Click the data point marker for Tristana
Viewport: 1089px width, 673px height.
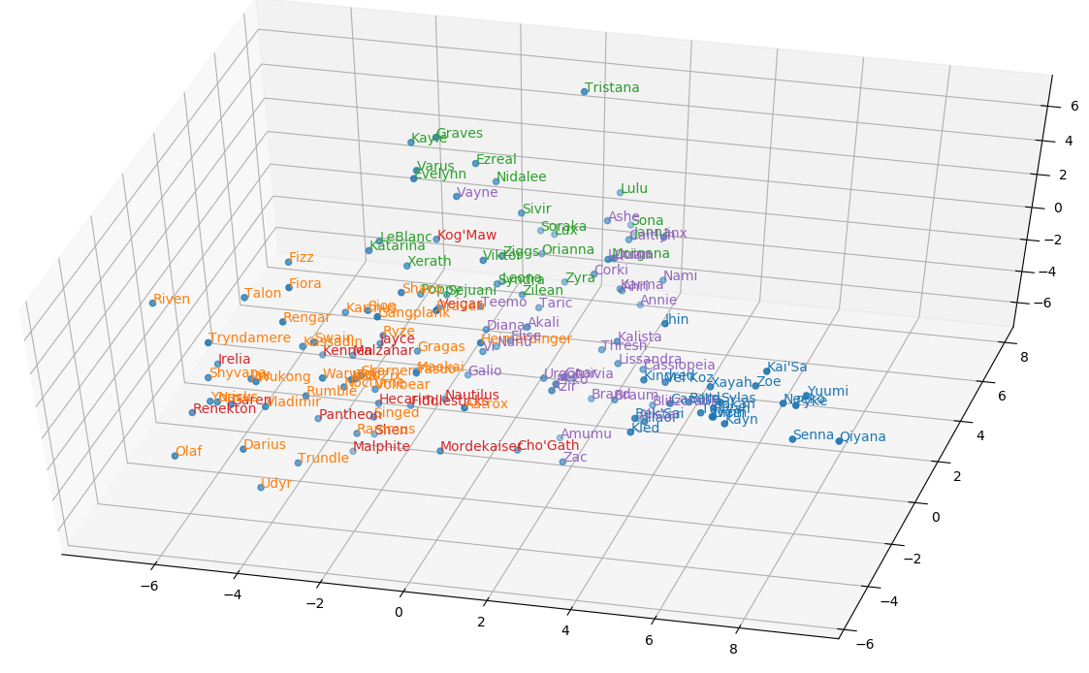(585, 92)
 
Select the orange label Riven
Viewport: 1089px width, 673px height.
(172, 300)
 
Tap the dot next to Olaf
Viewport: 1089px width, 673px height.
(175, 455)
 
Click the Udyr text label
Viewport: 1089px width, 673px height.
(276, 484)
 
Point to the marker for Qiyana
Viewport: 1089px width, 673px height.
(839, 441)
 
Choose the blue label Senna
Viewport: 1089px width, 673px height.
(813, 435)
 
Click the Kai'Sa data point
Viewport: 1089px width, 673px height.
(766, 371)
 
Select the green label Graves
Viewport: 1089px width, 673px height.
(459, 134)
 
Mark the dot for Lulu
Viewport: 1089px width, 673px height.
(621, 193)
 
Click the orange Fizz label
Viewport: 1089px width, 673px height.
(302, 258)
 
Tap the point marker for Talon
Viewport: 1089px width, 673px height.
(244, 298)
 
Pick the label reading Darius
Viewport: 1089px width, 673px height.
(265, 445)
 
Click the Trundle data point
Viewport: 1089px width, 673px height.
(298, 463)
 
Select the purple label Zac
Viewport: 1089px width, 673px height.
(575, 458)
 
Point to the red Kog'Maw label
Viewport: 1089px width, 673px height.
(466, 236)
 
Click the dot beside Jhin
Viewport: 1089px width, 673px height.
(665, 323)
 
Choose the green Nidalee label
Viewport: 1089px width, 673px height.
(521, 177)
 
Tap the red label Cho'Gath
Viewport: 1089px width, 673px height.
(548, 446)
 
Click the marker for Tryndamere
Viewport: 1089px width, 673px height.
(209, 342)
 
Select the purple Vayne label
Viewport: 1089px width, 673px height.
(477, 193)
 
